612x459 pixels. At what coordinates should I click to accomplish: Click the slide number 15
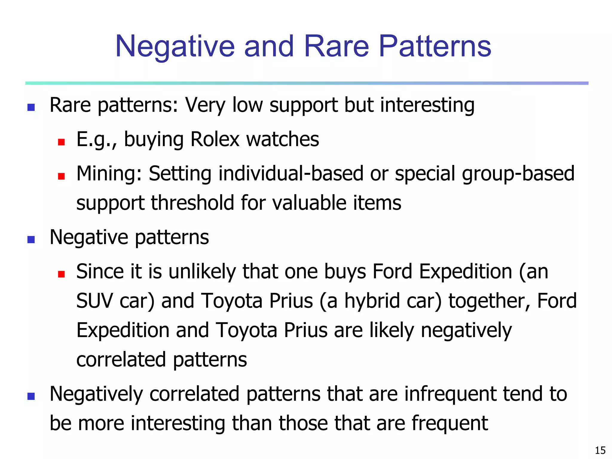(600, 450)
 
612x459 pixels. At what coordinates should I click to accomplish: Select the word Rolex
(215, 139)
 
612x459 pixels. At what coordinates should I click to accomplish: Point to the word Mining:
(109, 174)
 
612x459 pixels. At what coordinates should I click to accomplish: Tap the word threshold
(192, 203)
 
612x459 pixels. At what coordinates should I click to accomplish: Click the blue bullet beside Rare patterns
(31, 107)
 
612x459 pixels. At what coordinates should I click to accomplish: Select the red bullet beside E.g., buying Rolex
(62, 142)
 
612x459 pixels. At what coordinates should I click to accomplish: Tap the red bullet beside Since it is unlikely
(62, 274)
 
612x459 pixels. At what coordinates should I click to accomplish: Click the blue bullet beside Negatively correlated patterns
(31, 396)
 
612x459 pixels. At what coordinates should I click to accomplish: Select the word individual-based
(291, 174)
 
